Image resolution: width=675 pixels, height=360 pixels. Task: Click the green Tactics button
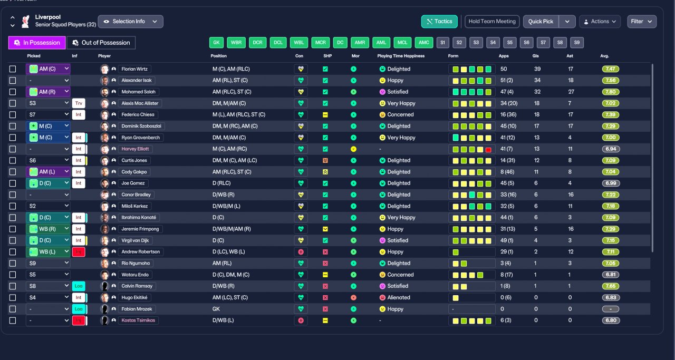point(439,22)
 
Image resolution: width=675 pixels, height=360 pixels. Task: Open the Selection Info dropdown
point(130,22)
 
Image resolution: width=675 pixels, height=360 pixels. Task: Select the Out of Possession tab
point(101,43)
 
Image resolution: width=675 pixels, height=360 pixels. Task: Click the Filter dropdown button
point(642,22)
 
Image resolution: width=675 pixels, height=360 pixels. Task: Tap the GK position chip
point(216,43)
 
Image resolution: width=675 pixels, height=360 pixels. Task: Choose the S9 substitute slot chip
point(577,43)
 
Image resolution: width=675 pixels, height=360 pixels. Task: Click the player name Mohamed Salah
point(138,92)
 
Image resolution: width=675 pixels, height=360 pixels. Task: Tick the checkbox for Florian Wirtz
point(13,69)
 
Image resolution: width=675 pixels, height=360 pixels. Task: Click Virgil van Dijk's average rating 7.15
point(611,240)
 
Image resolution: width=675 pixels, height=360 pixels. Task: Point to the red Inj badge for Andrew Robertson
point(79,252)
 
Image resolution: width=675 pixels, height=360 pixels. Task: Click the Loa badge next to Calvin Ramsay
point(79,286)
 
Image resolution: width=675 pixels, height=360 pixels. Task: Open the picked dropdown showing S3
point(48,103)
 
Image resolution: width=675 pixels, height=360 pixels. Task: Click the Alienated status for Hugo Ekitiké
point(399,298)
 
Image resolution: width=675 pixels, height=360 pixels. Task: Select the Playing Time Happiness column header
point(401,56)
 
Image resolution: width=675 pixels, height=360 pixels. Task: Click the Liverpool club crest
point(26,22)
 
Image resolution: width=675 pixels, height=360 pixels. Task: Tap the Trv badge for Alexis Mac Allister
point(79,103)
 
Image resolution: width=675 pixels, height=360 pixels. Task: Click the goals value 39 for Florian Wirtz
point(537,69)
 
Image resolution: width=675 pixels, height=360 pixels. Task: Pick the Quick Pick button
point(541,22)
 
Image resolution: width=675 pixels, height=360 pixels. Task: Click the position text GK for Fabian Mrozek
point(216,309)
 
